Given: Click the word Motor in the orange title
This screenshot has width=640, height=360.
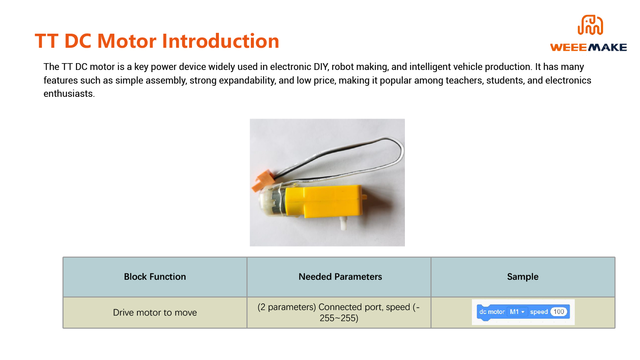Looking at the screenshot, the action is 127,41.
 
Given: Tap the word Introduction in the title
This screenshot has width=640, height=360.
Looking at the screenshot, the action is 221,41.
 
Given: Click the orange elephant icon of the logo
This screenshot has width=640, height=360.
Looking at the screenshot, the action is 590,25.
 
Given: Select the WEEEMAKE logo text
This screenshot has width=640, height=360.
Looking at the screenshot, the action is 588,47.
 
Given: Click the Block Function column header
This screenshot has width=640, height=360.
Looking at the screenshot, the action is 155,276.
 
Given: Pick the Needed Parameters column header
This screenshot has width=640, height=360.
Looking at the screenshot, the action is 340,276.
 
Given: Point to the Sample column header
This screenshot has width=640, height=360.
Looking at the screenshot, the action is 523,276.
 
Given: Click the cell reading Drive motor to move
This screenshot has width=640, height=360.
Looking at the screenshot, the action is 155,313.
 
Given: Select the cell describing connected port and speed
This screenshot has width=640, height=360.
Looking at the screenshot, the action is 339,313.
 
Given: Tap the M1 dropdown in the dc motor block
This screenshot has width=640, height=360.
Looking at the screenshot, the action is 517,312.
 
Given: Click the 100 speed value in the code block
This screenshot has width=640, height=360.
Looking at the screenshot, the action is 559,312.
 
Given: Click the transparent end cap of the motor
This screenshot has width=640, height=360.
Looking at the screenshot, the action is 266,201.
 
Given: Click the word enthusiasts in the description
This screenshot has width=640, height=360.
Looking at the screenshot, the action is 69,94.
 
